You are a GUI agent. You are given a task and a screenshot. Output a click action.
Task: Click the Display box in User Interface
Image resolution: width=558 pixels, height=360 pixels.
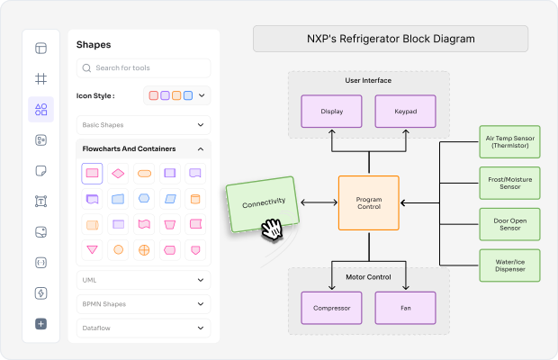pos(331,112)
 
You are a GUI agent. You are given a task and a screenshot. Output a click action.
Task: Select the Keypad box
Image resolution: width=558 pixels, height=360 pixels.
pos(406,112)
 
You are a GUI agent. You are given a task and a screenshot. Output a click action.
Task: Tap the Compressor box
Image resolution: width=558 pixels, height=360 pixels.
pos(331,308)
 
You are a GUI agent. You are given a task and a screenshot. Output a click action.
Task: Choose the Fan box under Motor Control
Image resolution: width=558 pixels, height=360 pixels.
pos(406,308)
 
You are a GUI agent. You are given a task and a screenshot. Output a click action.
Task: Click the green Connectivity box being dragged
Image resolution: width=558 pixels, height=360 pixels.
pos(263,204)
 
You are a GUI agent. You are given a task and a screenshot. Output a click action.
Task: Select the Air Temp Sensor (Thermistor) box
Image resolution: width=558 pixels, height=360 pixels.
pos(509,142)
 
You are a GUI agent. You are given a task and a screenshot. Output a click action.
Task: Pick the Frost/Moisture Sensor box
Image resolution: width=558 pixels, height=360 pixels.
pos(509,184)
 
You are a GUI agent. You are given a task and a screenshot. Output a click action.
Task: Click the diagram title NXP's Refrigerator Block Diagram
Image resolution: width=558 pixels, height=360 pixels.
pos(391,40)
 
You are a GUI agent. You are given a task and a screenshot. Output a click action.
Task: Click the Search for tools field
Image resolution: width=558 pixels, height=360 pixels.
pos(144,68)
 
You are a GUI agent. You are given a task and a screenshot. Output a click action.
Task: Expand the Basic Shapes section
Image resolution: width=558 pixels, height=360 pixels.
pos(144,125)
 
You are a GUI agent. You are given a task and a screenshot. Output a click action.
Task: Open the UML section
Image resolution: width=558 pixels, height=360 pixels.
pos(144,280)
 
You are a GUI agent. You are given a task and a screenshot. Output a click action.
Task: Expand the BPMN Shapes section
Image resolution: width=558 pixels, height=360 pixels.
pos(144,304)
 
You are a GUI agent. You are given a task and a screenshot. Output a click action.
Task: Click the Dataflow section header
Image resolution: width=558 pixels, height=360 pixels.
pos(144,328)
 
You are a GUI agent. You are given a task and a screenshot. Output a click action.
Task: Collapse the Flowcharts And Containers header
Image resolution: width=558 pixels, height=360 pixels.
pos(144,148)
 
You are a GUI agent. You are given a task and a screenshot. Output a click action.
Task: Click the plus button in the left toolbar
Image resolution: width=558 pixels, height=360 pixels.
pos(40,324)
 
